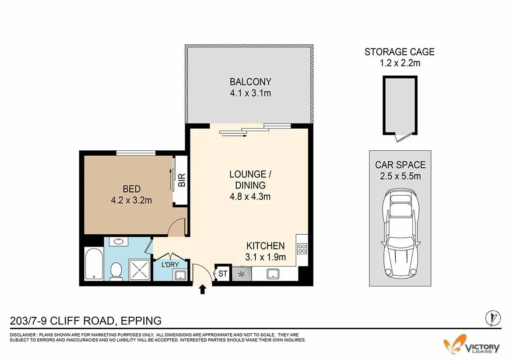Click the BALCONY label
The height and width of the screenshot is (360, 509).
[x=250, y=82]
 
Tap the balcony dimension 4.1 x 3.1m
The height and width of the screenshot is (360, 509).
[x=250, y=93]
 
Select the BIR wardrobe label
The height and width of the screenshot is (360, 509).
[x=182, y=180]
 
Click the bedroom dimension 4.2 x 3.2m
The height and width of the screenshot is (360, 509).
[x=131, y=200]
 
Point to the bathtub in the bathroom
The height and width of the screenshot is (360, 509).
[x=94, y=264]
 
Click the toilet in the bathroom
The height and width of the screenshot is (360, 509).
[x=116, y=271]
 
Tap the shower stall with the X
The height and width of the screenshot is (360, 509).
[x=139, y=270]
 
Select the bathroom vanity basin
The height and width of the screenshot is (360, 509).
[x=118, y=242]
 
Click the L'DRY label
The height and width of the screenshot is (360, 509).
[x=170, y=264]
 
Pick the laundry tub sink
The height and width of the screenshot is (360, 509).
[x=180, y=275]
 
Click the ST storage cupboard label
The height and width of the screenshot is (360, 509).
[x=223, y=273]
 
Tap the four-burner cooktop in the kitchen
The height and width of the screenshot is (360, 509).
[x=302, y=249]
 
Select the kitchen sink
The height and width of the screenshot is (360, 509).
[x=273, y=274]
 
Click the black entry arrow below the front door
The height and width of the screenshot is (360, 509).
[x=202, y=290]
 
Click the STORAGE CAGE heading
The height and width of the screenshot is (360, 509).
[x=400, y=52]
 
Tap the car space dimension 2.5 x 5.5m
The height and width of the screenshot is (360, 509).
[x=400, y=176]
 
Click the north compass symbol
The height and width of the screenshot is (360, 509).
[x=493, y=318]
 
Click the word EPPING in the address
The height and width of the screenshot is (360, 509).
[x=141, y=321]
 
